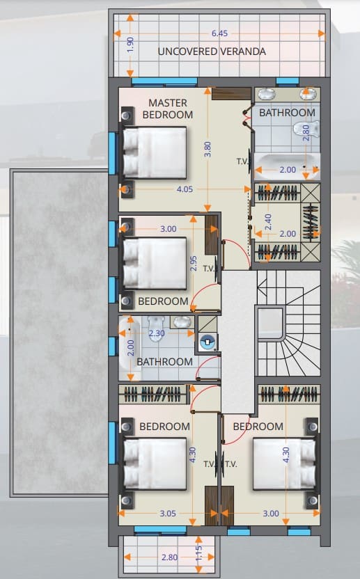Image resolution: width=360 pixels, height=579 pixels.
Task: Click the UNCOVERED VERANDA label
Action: [212, 51]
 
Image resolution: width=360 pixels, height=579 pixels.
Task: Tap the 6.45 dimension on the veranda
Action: [219, 33]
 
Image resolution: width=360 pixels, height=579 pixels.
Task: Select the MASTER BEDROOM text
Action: [168, 109]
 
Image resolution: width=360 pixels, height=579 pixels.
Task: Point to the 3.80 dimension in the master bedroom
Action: [208, 149]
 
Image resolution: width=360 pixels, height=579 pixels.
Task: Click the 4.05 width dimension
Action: [185, 189]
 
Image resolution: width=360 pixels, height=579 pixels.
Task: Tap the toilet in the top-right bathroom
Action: [306, 129]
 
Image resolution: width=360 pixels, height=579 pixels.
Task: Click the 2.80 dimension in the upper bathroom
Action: [306, 132]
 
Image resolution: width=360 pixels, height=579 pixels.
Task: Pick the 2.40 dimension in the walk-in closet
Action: [268, 222]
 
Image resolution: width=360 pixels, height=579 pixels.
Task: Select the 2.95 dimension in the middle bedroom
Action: [194, 264]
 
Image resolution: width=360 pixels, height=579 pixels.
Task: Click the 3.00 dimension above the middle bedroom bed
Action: [169, 229]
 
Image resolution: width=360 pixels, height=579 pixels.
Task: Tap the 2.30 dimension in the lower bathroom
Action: [157, 333]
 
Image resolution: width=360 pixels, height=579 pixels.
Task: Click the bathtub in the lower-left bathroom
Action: [130, 348]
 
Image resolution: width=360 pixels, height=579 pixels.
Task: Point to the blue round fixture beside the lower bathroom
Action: [208, 342]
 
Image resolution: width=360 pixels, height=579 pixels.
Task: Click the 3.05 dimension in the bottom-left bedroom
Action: [168, 514]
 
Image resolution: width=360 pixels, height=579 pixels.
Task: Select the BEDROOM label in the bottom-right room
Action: [258, 427]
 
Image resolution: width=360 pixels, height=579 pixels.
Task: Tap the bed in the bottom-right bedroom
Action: [284, 463]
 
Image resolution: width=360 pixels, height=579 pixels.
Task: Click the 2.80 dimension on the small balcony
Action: [169, 557]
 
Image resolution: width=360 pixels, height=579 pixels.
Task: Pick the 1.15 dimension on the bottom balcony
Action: [198, 553]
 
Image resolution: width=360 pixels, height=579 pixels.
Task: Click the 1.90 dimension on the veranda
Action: [130, 45]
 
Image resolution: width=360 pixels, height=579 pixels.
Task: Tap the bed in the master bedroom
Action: [155, 152]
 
